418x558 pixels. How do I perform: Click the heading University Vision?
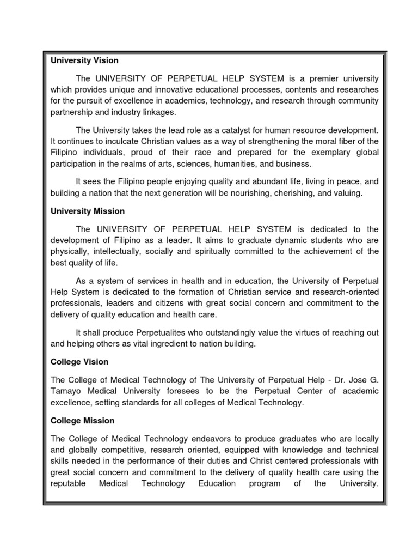click(84, 60)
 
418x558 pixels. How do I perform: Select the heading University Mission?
click(87, 211)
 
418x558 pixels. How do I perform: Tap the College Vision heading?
click(79, 362)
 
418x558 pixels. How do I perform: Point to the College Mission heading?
click(82, 421)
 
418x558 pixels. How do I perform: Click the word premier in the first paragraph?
click(313, 78)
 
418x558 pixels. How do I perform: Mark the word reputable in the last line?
click(68, 484)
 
